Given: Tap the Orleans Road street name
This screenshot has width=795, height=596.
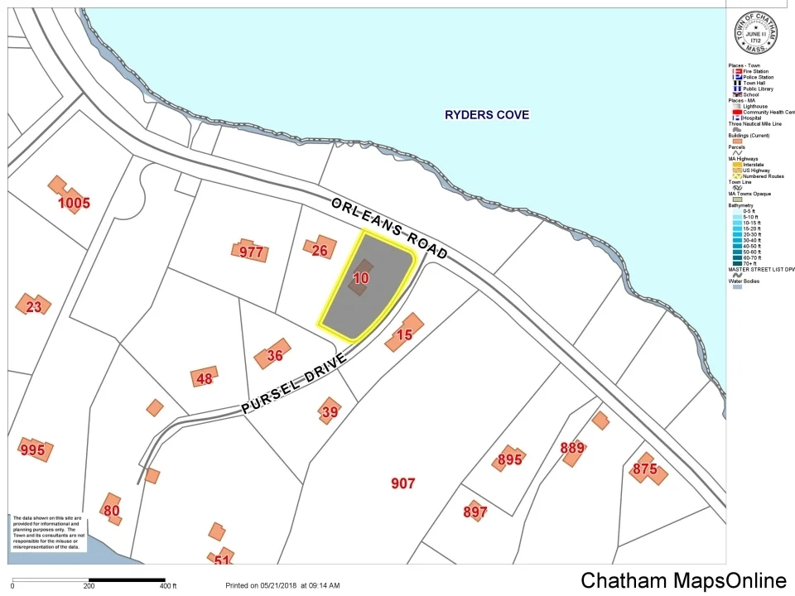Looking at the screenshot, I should (388, 228).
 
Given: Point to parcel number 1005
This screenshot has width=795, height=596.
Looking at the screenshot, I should (74, 202).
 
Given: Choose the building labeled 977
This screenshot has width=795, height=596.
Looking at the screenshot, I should (251, 252).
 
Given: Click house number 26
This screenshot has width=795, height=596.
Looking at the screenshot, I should (320, 250).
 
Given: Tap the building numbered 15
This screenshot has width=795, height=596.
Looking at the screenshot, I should (404, 334).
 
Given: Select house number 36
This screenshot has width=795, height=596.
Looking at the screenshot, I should (275, 355).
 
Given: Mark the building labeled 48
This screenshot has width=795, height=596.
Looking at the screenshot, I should (204, 379).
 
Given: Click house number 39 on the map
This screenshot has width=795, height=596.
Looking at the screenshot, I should (330, 411).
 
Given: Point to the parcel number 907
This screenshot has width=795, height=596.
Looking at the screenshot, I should (402, 483).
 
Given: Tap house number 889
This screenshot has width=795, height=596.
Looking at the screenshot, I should (572, 449).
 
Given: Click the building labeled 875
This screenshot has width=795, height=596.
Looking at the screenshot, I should (644, 469).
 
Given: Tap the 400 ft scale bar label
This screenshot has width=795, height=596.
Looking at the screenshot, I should (168, 586).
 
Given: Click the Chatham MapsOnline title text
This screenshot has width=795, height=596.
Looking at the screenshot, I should (683, 580).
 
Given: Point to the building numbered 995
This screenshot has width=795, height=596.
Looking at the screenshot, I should (33, 449).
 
